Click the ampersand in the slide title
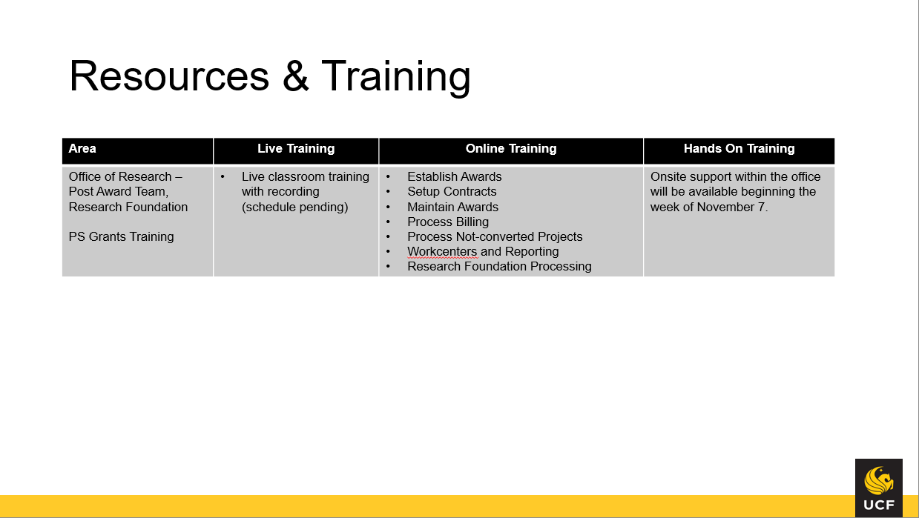[295, 76]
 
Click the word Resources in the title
[169, 76]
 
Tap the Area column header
[82, 148]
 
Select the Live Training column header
[296, 148]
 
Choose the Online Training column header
[511, 148]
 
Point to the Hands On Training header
[739, 148]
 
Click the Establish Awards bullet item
[454, 176]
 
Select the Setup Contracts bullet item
[452, 191]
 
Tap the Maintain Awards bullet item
[452, 207]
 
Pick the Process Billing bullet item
[448, 222]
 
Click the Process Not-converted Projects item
[495, 236]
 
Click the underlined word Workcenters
[442, 251]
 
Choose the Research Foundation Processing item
[499, 266]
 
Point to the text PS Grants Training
[121, 236]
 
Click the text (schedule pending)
[294, 207]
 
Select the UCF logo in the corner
[878, 488]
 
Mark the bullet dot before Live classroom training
[223, 176]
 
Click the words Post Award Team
[118, 191]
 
